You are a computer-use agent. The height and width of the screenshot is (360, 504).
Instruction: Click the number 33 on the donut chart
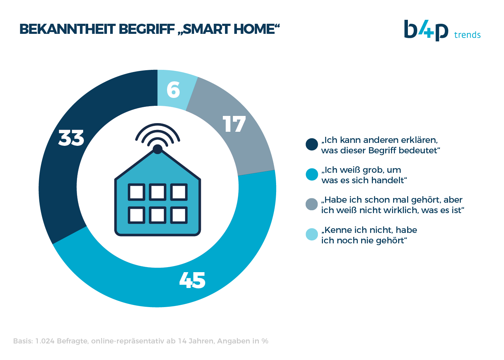[x=71, y=138]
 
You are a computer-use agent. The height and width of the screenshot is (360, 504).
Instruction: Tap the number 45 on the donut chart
[x=192, y=280]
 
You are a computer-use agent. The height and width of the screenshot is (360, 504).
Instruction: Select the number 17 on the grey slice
[x=234, y=124]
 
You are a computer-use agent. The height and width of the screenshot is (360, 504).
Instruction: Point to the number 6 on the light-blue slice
[x=173, y=90]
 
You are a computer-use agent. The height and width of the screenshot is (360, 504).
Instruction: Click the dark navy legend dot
[x=312, y=144]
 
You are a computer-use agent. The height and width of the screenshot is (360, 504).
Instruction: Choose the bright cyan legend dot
[x=312, y=174]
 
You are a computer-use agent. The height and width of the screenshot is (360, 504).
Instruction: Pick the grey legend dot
[x=312, y=204]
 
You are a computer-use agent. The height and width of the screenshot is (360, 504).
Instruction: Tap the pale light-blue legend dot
[x=312, y=234]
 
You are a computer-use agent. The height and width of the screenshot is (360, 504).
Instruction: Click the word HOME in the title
[x=254, y=29]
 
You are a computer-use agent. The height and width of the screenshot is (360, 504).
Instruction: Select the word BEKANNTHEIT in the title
[x=68, y=29]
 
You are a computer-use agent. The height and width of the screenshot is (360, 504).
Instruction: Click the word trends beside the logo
[x=467, y=35]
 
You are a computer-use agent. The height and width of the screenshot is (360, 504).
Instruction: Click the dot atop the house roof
[x=158, y=149]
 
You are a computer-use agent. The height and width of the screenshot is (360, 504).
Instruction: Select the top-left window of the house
[x=136, y=192]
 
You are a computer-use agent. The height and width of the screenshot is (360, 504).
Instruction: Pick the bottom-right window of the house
[x=179, y=215]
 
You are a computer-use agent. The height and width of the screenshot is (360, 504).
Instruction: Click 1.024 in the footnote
[x=45, y=341]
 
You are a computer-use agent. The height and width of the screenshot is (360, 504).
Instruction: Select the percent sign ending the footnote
[x=265, y=341]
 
